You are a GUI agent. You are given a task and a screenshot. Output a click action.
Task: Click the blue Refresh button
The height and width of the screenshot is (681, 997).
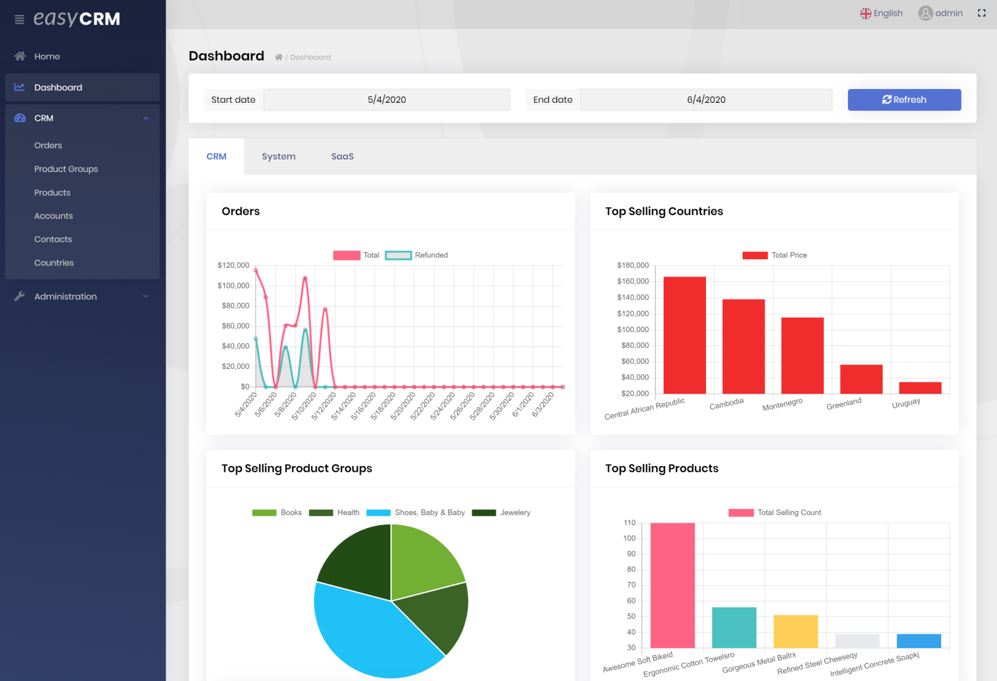coord(904,100)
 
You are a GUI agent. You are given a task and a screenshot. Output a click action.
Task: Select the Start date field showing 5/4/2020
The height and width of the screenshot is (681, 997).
coord(386,100)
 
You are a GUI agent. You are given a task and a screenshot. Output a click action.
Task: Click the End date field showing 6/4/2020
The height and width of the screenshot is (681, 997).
coord(706,100)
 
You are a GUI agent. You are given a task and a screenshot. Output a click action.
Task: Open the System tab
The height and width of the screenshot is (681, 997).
coord(279,156)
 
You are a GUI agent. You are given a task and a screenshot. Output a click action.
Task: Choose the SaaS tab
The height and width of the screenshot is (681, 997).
coord(342,156)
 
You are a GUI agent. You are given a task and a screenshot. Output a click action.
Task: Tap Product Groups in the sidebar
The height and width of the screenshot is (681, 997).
coord(66,169)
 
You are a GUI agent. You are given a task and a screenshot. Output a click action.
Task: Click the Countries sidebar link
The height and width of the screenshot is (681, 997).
coord(54,263)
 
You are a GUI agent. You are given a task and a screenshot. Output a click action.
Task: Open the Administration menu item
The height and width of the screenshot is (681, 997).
coord(65,297)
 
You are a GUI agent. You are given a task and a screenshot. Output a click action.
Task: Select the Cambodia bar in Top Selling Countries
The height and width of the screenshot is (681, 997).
coord(743,346)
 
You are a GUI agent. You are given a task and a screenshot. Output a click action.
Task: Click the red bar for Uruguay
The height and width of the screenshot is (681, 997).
coord(920,388)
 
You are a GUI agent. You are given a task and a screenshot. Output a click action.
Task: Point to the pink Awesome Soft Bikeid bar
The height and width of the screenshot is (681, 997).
coord(672,586)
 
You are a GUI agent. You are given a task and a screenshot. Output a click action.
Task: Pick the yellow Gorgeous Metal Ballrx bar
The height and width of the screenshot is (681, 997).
coord(796,631)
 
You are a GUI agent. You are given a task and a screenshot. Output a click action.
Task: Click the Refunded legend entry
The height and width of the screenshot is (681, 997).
coord(417,255)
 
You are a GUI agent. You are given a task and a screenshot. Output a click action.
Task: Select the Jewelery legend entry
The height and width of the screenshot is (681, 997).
coord(502,513)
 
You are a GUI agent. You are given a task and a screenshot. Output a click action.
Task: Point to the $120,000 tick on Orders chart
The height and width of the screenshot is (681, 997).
coord(234,265)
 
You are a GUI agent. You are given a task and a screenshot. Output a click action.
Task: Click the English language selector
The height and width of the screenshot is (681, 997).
coord(881,13)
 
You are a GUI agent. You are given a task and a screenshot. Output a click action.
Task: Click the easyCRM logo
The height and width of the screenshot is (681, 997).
coord(77,19)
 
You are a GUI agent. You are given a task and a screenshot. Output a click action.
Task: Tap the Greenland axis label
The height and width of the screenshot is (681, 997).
coord(844,404)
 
